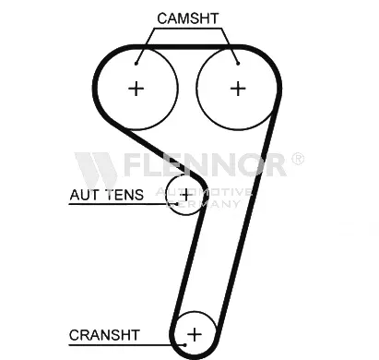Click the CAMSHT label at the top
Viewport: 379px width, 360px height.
pyautogui.click(x=189, y=18)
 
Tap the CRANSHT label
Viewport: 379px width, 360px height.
pyautogui.click(x=104, y=334)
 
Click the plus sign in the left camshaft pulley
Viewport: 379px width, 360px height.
pyautogui.click(x=136, y=89)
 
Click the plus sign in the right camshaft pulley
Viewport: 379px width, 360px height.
pyautogui.click(x=238, y=89)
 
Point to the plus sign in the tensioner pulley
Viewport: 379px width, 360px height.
pyautogui.click(x=186, y=195)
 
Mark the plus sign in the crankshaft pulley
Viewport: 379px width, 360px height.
pyautogui.click(x=195, y=332)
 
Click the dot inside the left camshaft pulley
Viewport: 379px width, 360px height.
pyautogui.click(x=136, y=63)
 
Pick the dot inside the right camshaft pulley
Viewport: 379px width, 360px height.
pyautogui.click(x=238, y=63)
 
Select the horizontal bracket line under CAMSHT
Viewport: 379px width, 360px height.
pyautogui.click(x=189, y=29)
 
